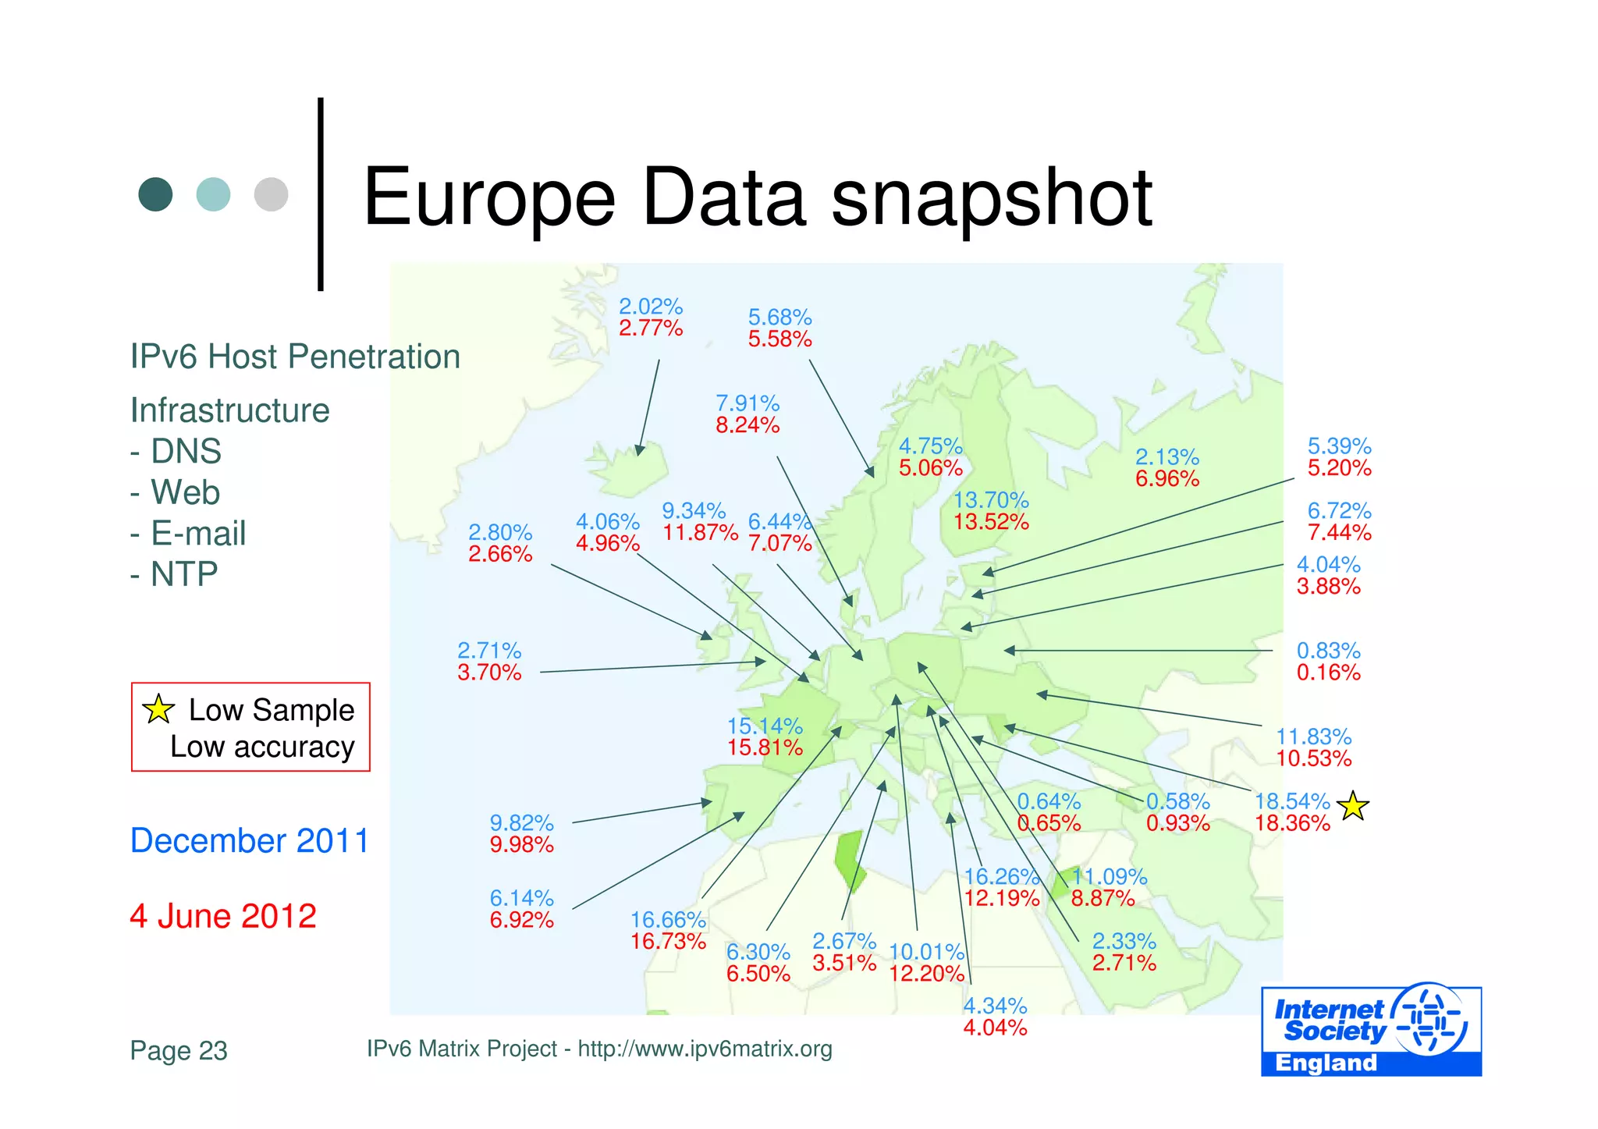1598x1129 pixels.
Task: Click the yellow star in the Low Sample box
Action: click(158, 708)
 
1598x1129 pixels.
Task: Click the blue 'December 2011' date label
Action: click(249, 840)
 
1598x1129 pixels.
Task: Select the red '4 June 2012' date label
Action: click(223, 916)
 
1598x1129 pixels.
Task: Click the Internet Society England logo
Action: click(1371, 1030)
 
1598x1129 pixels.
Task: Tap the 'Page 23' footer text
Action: click(179, 1051)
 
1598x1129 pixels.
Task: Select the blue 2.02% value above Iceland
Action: click(651, 306)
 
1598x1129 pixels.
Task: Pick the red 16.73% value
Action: click(668, 942)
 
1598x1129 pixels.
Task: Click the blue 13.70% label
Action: click(991, 499)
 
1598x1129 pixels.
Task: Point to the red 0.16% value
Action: click(1328, 673)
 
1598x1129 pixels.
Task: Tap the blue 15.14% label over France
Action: click(765, 726)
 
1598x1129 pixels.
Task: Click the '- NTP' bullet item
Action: click(174, 574)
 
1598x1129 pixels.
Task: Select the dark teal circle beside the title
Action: click(155, 194)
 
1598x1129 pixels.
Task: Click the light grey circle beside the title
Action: click(271, 194)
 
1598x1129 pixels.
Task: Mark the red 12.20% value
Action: click(927, 974)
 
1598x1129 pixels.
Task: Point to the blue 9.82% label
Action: click(521, 822)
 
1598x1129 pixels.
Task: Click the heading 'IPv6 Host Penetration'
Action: click(295, 357)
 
